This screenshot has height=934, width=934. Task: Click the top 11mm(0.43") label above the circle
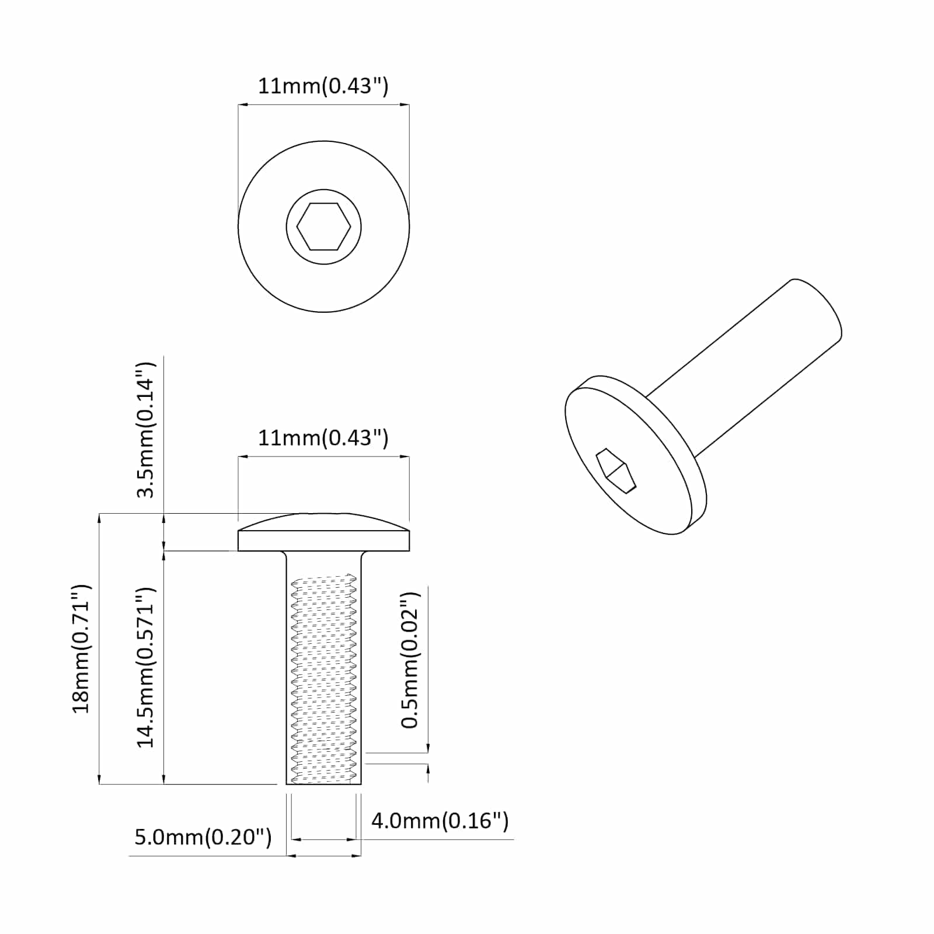(x=323, y=86)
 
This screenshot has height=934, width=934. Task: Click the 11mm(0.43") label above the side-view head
(x=323, y=437)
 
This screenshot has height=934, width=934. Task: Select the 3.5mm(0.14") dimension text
(x=145, y=430)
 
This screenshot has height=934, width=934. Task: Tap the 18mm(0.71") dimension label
(x=81, y=648)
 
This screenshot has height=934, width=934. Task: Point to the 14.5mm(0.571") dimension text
(x=145, y=667)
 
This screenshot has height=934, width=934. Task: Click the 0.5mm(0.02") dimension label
(x=410, y=660)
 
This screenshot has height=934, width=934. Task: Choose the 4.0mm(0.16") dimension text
(x=440, y=821)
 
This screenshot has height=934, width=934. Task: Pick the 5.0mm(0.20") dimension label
(x=203, y=837)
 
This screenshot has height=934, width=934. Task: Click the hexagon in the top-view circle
(x=323, y=226)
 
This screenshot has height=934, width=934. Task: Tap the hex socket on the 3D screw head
(x=615, y=471)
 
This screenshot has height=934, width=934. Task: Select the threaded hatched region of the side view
(x=323, y=680)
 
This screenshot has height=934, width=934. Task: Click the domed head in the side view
(x=323, y=532)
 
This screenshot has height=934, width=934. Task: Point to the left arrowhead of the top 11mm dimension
(x=243, y=105)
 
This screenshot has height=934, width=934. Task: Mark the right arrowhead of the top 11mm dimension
(x=405, y=105)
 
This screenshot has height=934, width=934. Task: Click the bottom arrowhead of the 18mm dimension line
(x=100, y=779)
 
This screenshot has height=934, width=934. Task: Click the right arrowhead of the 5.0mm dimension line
(x=356, y=856)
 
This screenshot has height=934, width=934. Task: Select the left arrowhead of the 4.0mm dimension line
(x=295, y=839)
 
